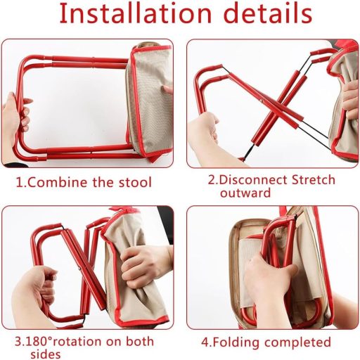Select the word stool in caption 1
[x=131, y=183]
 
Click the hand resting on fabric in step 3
[x=145, y=264]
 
